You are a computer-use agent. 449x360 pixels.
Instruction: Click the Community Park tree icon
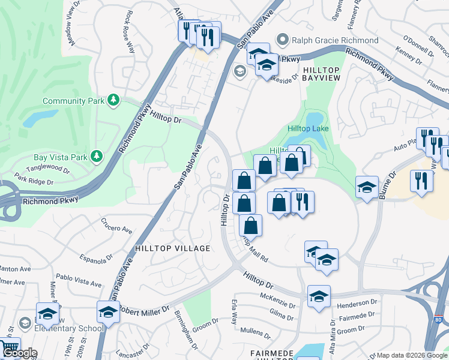pos(113,100)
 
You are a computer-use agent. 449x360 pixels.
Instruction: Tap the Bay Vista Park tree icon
pos(96,157)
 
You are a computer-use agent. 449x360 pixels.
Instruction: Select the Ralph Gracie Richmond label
pos(335,40)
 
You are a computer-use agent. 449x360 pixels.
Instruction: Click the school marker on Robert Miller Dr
pos(108,311)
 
